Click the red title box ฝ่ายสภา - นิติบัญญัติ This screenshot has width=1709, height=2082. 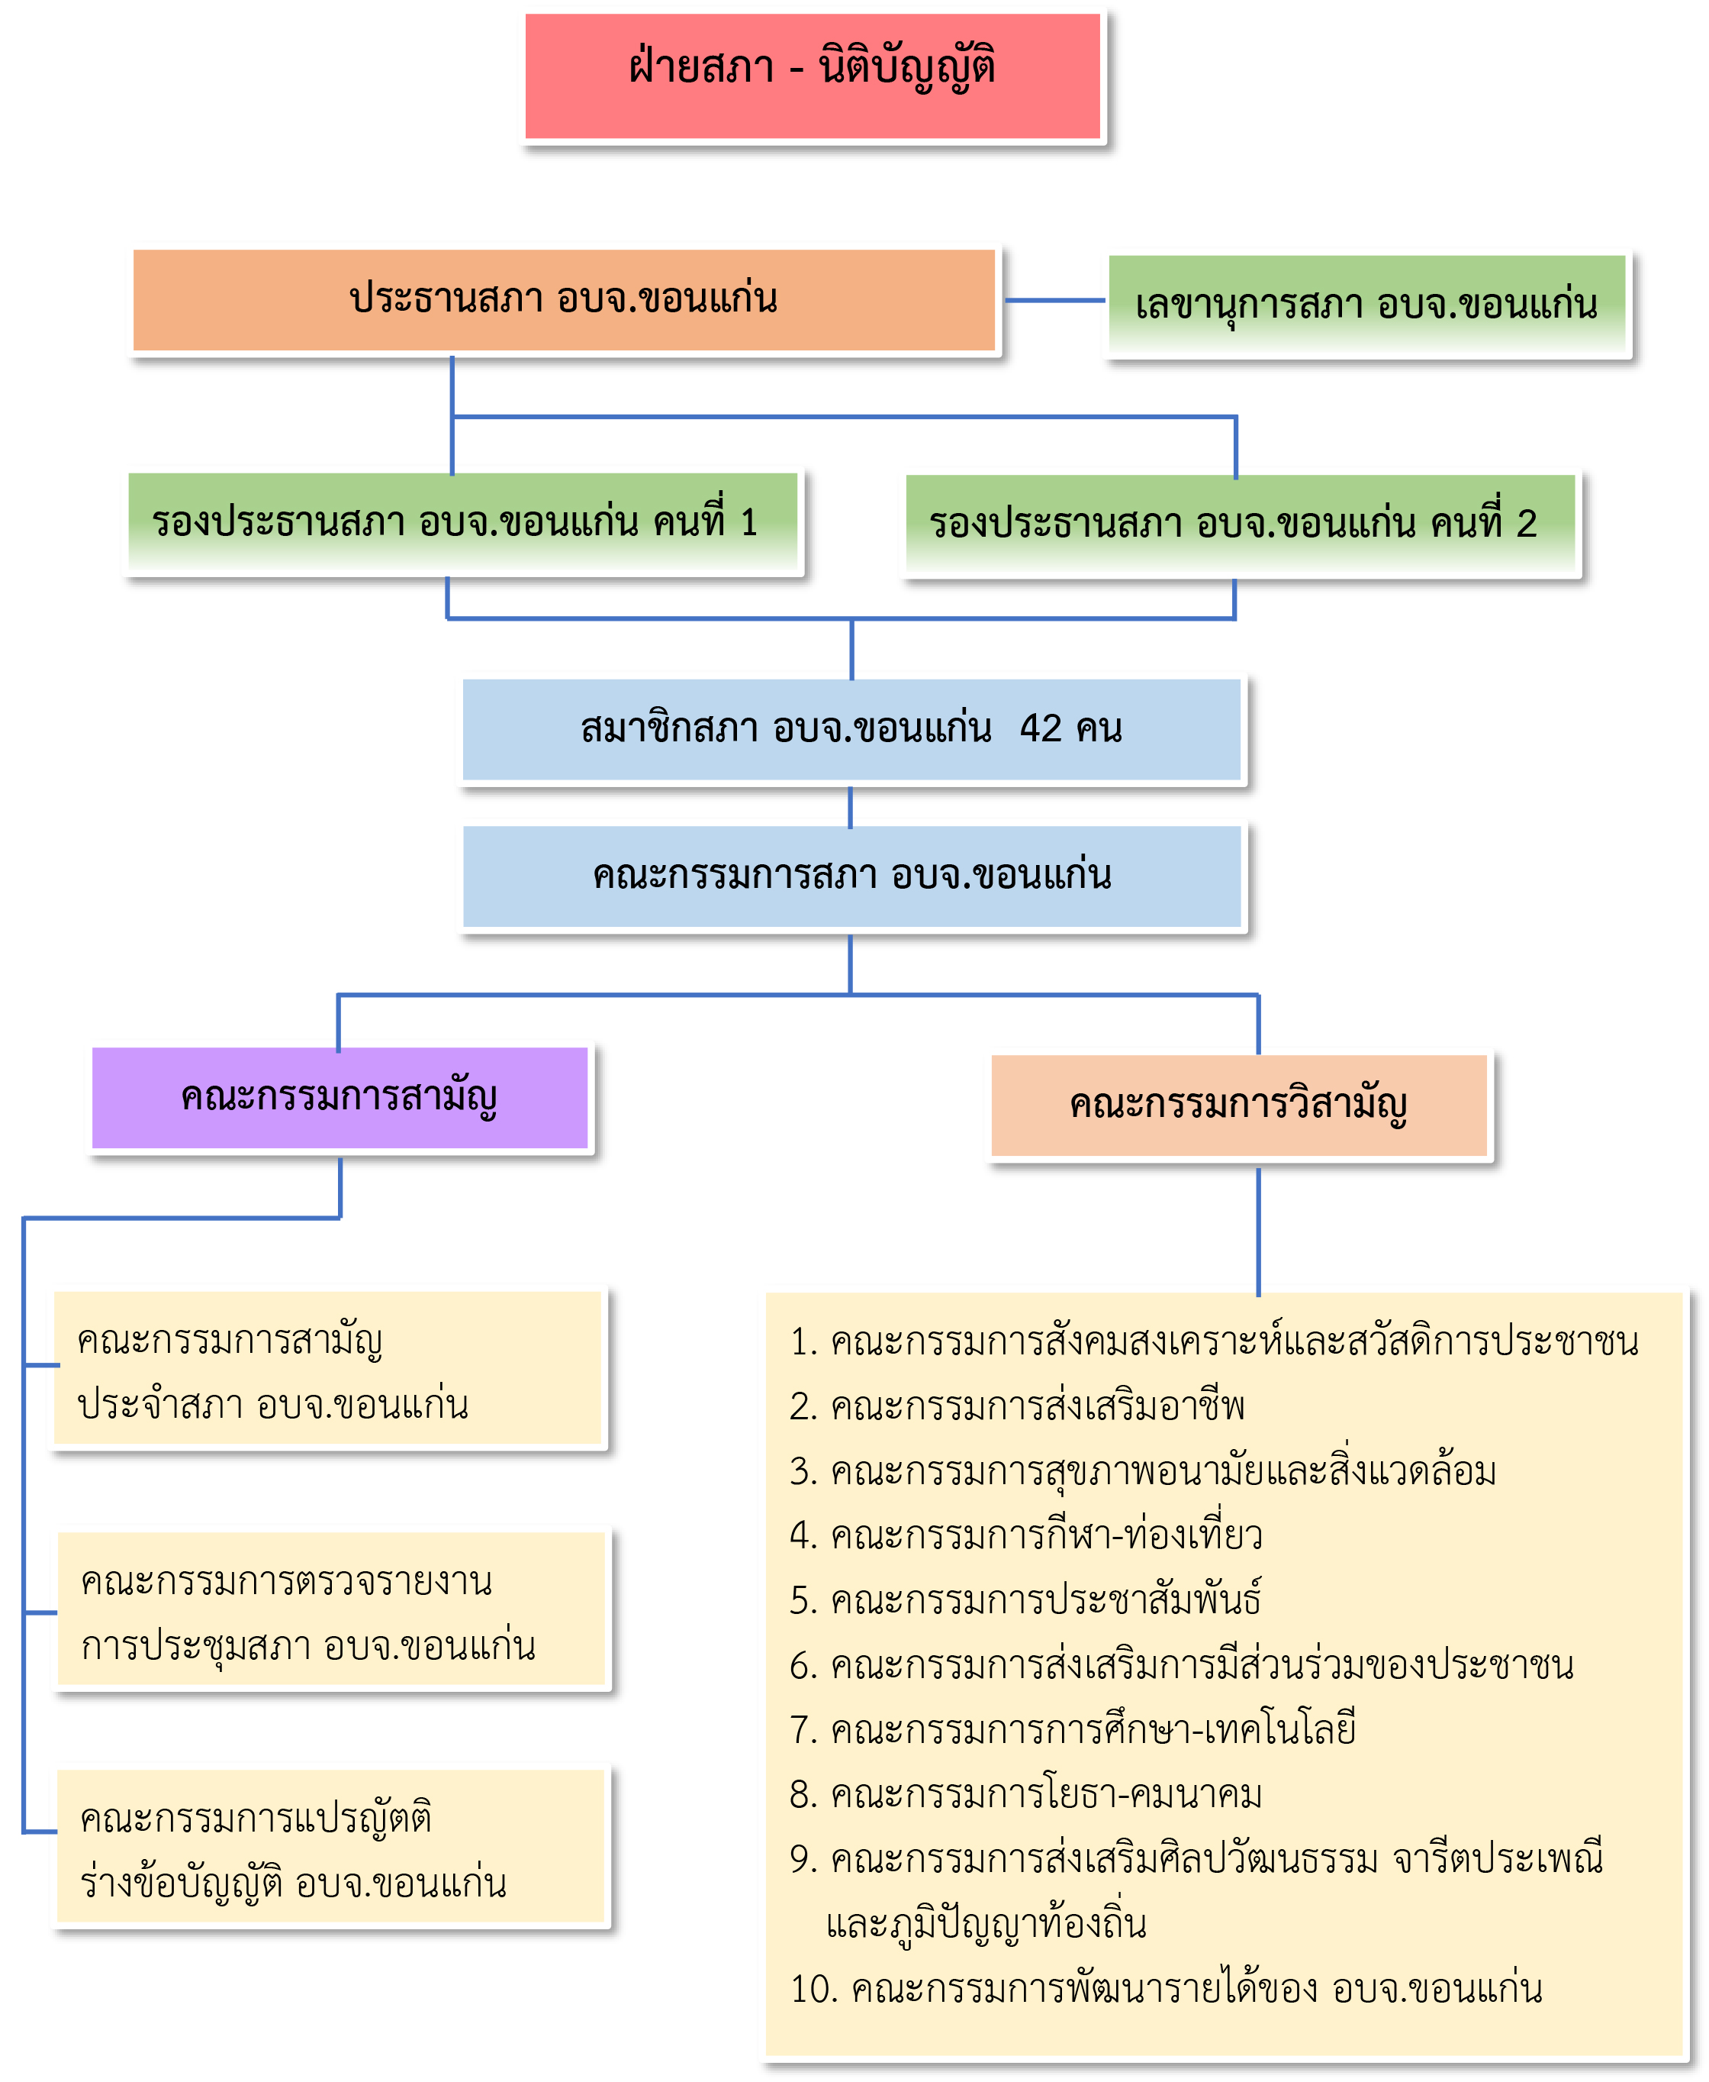(813, 75)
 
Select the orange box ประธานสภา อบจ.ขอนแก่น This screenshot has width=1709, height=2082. (563, 299)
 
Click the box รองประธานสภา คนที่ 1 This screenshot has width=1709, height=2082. (462, 522)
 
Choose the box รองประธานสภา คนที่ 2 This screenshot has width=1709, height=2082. (1241, 524)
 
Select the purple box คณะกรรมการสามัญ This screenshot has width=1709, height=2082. (340, 1097)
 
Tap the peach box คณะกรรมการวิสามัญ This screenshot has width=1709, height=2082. (1238, 1105)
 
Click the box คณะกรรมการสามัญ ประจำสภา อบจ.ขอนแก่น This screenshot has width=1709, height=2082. (328, 1369)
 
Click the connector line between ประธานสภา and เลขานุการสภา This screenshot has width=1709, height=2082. (1054, 300)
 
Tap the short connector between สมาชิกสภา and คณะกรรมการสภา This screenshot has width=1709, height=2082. (851, 806)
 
